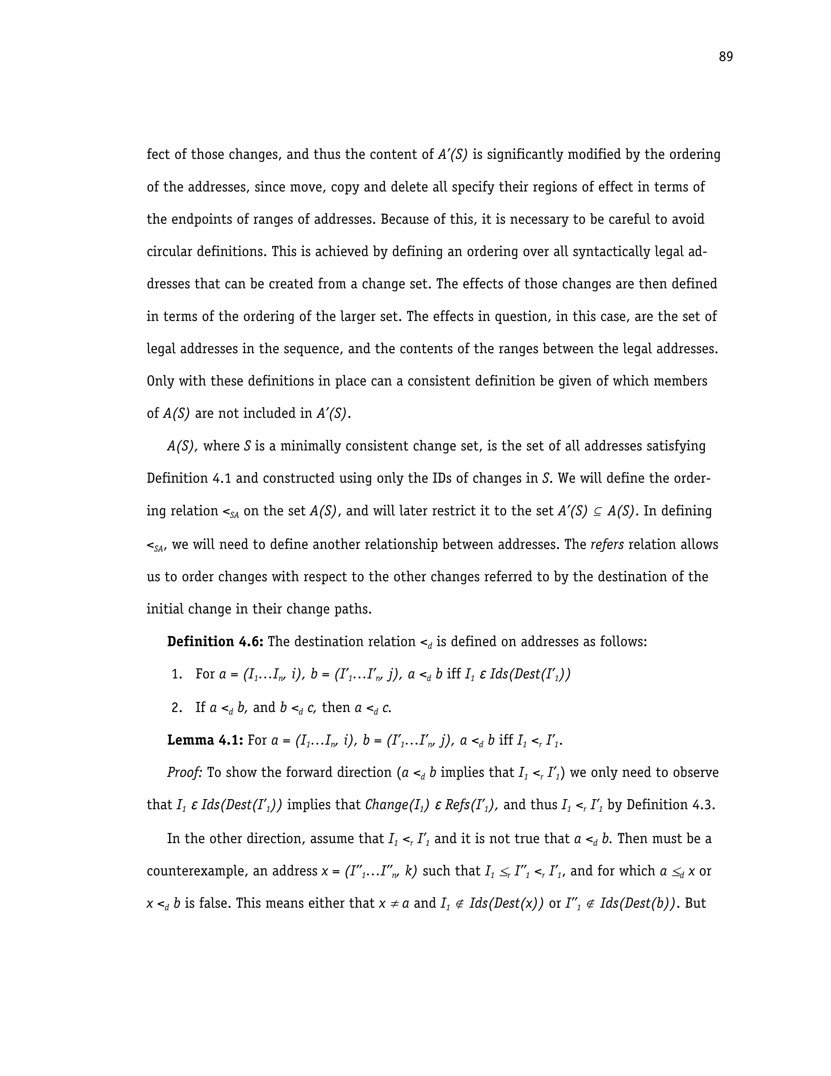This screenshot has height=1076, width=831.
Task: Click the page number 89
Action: (x=725, y=57)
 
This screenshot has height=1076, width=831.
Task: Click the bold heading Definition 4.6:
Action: (x=215, y=642)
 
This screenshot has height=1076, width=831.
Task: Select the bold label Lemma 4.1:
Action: (x=205, y=740)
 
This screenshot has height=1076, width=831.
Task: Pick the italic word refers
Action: (x=607, y=544)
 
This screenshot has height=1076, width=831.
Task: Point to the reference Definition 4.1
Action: (x=189, y=479)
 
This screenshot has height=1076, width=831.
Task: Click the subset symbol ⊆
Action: (x=597, y=511)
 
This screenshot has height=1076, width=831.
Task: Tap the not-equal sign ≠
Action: (x=393, y=904)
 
